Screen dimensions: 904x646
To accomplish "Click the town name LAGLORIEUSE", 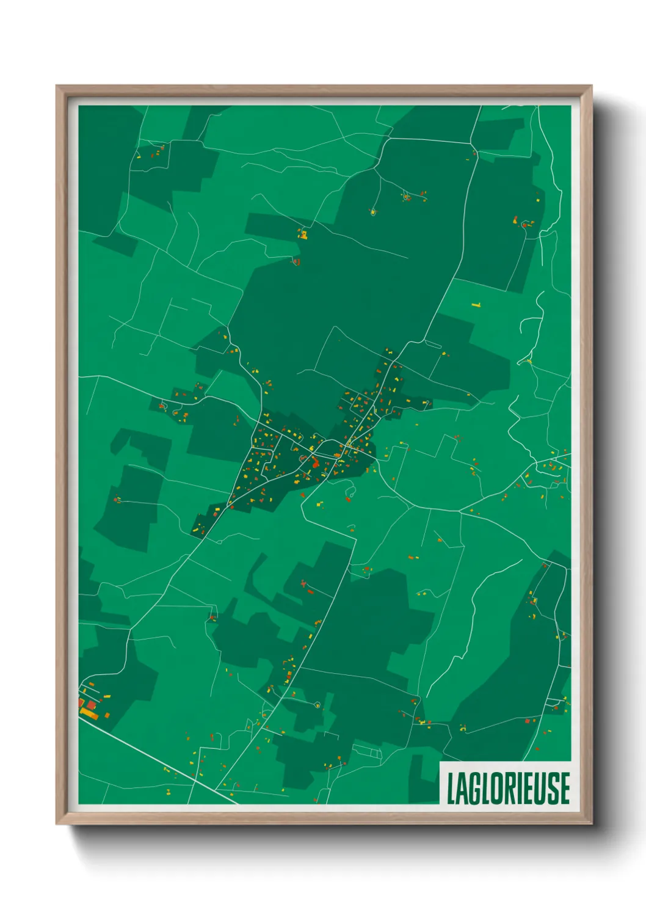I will tap(508, 788).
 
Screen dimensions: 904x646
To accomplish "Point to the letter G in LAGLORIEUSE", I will tap(473, 788).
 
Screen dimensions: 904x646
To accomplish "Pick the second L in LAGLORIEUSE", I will tap(484, 788).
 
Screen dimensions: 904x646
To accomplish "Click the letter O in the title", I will tap(495, 788).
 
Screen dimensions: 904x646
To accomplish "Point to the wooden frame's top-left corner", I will tap(57, 86).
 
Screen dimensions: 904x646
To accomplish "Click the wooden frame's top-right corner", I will tap(591, 86).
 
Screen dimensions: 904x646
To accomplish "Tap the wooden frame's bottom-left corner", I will tap(57, 823).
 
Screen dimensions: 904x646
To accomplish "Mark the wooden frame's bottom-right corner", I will tap(591, 823).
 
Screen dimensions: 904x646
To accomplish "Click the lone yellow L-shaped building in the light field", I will tap(476, 305).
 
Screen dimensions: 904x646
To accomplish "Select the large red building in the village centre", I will tap(315, 462).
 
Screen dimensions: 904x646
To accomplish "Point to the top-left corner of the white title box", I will tap(440, 762).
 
